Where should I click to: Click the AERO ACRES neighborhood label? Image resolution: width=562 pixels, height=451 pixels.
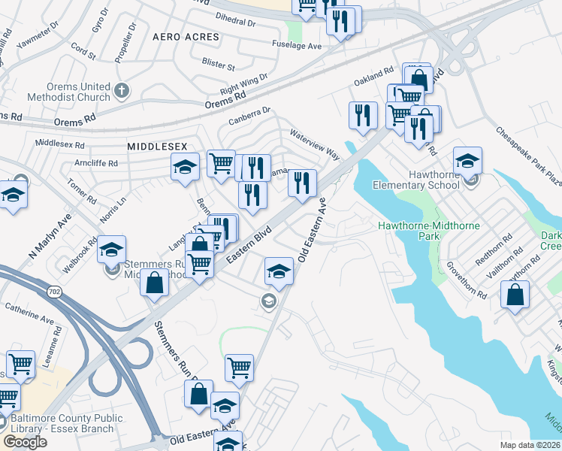pos(186,37)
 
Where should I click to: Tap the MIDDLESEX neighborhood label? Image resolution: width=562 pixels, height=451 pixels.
pos(156,146)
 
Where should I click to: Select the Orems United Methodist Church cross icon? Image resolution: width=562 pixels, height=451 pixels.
pos(122,92)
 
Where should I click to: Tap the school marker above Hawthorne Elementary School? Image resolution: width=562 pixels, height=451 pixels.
pos(467,161)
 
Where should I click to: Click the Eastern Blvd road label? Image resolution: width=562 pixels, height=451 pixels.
pos(249,247)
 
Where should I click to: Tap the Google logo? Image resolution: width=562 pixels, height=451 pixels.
pos(25,441)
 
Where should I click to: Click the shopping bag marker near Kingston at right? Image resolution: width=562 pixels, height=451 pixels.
pos(515,295)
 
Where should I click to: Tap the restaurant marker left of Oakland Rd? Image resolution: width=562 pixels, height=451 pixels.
pos(363,116)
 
